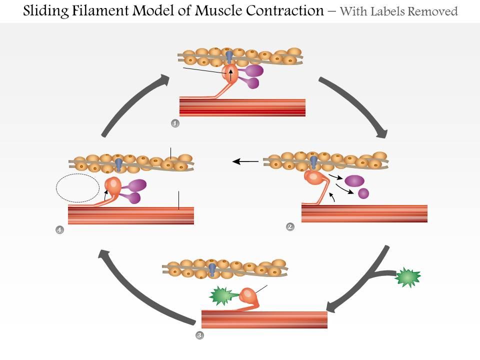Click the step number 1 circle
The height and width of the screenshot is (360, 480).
click(x=175, y=123)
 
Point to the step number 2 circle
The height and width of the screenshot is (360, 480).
click(x=290, y=227)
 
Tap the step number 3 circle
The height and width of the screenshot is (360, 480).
click(x=199, y=335)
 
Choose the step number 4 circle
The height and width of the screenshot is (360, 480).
click(x=60, y=230)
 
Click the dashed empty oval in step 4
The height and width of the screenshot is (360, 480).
click(x=77, y=187)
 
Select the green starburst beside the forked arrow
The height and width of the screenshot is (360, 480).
click(x=408, y=278)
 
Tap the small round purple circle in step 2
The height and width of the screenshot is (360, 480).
click(x=363, y=193)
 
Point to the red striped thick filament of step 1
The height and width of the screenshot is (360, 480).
click(x=242, y=107)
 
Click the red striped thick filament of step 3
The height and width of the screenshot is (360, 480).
click(x=264, y=319)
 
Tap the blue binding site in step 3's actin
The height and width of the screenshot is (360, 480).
click(x=212, y=269)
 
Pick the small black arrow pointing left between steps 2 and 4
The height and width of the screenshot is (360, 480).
click(x=245, y=161)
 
